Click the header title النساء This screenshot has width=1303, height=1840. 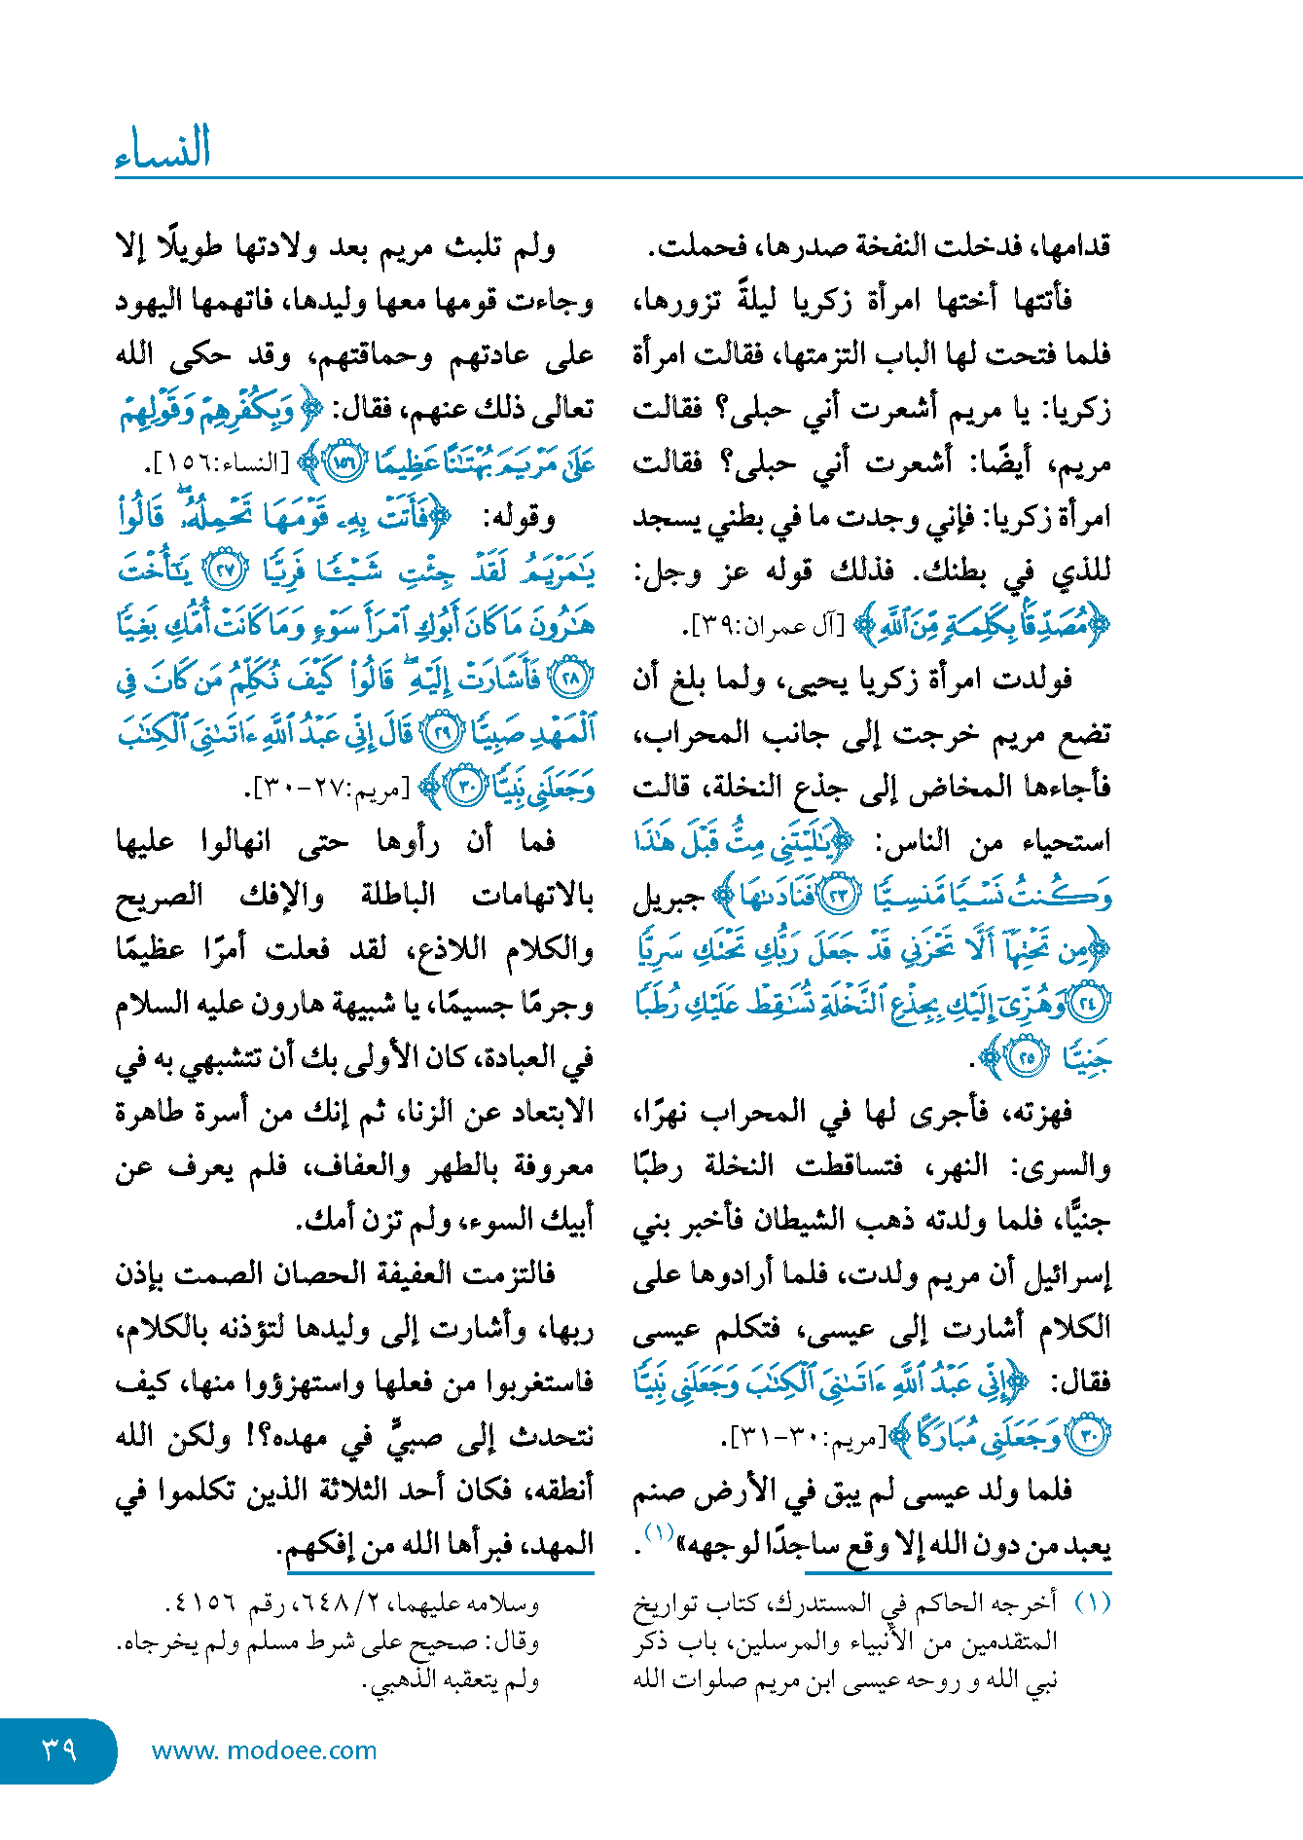(x=163, y=147)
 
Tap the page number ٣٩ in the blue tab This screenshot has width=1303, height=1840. (x=59, y=1749)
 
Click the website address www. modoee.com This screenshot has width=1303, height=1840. (x=264, y=1750)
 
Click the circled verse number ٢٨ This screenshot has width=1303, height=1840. (x=571, y=680)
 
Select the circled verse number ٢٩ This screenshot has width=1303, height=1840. (x=443, y=733)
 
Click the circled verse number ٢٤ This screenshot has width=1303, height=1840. (x=1089, y=1004)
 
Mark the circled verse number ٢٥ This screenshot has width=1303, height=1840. (x=1028, y=1058)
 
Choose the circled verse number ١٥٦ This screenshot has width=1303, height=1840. (x=343, y=462)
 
